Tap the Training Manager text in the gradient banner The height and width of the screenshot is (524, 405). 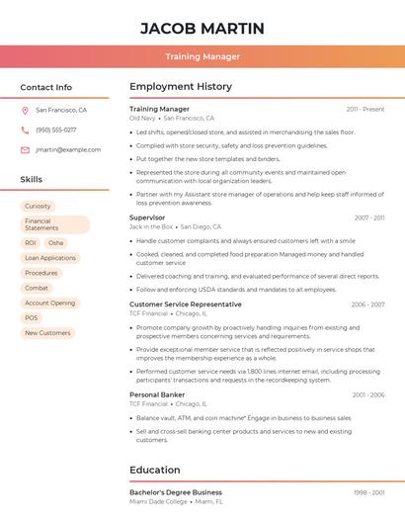tap(202, 56)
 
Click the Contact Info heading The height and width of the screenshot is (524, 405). tap(45, 87)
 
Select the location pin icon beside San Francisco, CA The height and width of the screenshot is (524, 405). tap(25, 111)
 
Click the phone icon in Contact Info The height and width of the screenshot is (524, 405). tap(25, 131)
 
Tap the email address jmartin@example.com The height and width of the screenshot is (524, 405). tap(68, 150)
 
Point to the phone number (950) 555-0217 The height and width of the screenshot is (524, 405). tap(55, 131)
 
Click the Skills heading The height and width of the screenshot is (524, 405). tap(32, 180)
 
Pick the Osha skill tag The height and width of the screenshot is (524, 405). tap(55, 242)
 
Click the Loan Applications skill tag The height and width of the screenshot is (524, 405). tap(49, 258)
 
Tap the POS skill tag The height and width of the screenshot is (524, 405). tap(32, 318)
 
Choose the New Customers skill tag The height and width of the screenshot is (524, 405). tap(47, 333)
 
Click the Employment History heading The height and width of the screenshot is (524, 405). tap(181, 87)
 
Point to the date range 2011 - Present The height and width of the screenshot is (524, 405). tap(365, 109)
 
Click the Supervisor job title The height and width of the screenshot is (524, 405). tap(147, 217)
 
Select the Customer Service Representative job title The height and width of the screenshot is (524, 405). tap(186, 305)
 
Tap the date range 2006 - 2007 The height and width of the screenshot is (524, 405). tap(367, 305)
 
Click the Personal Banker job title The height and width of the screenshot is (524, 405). tap(157, 394)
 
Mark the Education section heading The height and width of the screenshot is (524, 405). tap(155, 470)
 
